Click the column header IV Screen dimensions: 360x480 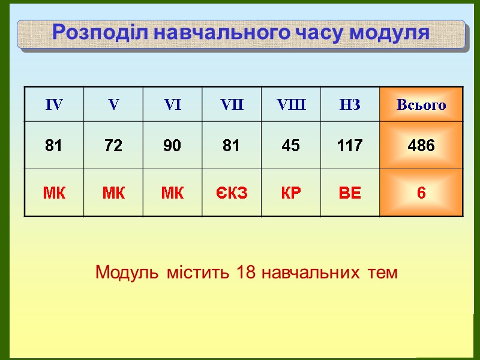coord(54,105)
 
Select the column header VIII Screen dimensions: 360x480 coord(291,105)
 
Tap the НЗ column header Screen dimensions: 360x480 coord(350,105)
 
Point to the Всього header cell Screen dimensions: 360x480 coord(421,105)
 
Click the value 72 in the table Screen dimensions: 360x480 coord(113,145)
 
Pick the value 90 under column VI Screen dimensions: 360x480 coord(172,145)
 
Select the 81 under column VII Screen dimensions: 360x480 coord(231,145)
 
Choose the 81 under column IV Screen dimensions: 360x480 coord(54,145)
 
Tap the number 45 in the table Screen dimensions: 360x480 coord(290,145)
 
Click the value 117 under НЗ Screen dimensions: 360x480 coord(350,145)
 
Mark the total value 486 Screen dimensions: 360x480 coord(421,145)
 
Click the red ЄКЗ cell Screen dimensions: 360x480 coord(232,193)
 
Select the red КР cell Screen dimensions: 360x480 coord(290,193)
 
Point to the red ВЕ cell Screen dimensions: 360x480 coord(350,193)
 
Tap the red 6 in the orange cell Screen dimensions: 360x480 coord(421,193)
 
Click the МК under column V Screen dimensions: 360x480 coord(113,193)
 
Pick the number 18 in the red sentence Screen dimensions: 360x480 coord(246,272)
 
